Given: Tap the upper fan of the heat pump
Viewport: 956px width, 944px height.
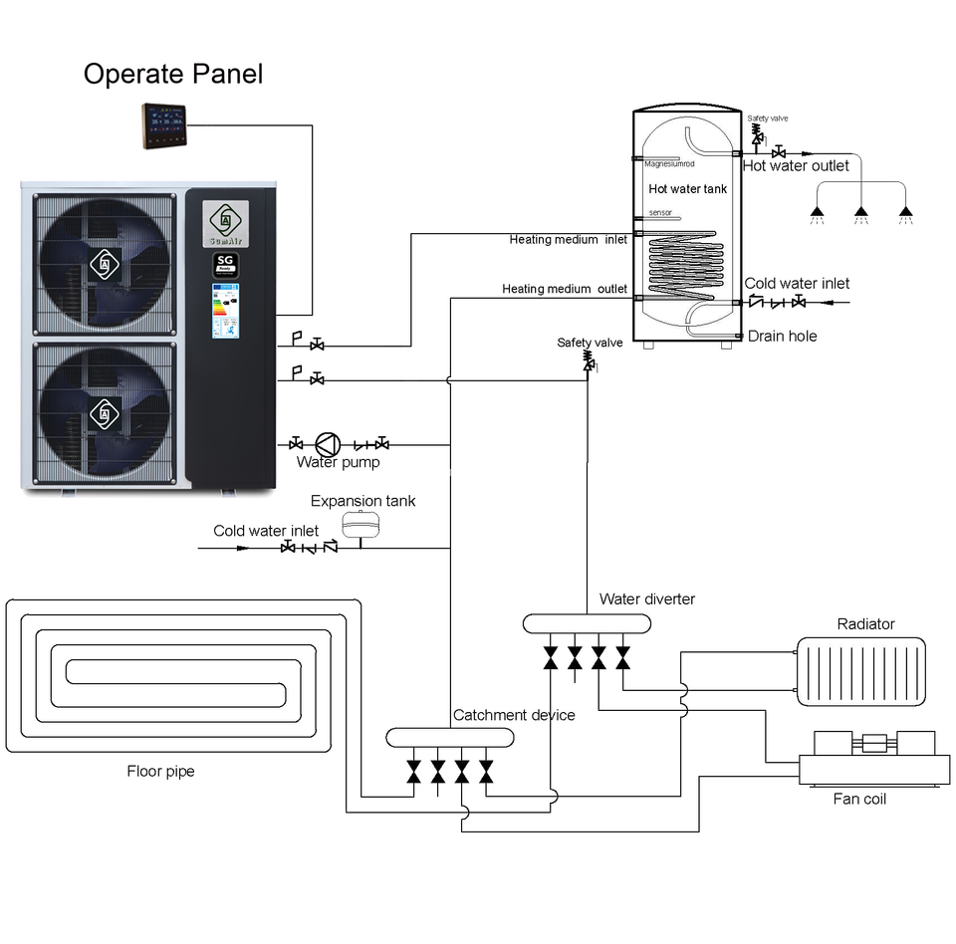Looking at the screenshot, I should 105,262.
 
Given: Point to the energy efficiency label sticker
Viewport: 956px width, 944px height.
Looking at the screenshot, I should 226,309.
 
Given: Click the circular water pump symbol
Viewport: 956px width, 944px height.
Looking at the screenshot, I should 326,445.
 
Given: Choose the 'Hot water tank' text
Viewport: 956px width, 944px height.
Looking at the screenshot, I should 688,188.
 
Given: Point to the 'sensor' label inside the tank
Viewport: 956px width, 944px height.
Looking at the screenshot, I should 659,213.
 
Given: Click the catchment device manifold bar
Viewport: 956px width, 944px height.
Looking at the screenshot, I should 450,738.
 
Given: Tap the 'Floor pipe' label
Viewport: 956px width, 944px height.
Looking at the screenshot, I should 160,772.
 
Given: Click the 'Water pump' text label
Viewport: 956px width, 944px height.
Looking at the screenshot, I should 339,464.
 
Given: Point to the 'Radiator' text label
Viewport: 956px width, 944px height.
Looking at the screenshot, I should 866,625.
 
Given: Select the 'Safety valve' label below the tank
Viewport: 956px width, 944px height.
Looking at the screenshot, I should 592,344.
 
